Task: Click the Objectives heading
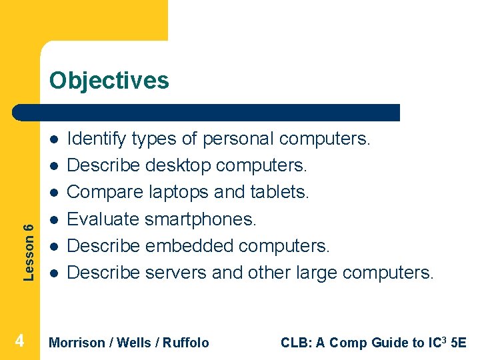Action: point(109,81)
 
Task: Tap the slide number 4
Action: point(20,341)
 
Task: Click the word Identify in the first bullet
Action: point(97,139)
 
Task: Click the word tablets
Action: point(279,193)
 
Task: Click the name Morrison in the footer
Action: point(77,343)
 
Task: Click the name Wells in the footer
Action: point(133,343)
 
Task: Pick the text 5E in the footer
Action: point(459,343)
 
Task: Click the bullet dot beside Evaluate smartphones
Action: point(51,219)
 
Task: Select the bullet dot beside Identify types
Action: point(51,139)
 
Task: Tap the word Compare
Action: point(104,193)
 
